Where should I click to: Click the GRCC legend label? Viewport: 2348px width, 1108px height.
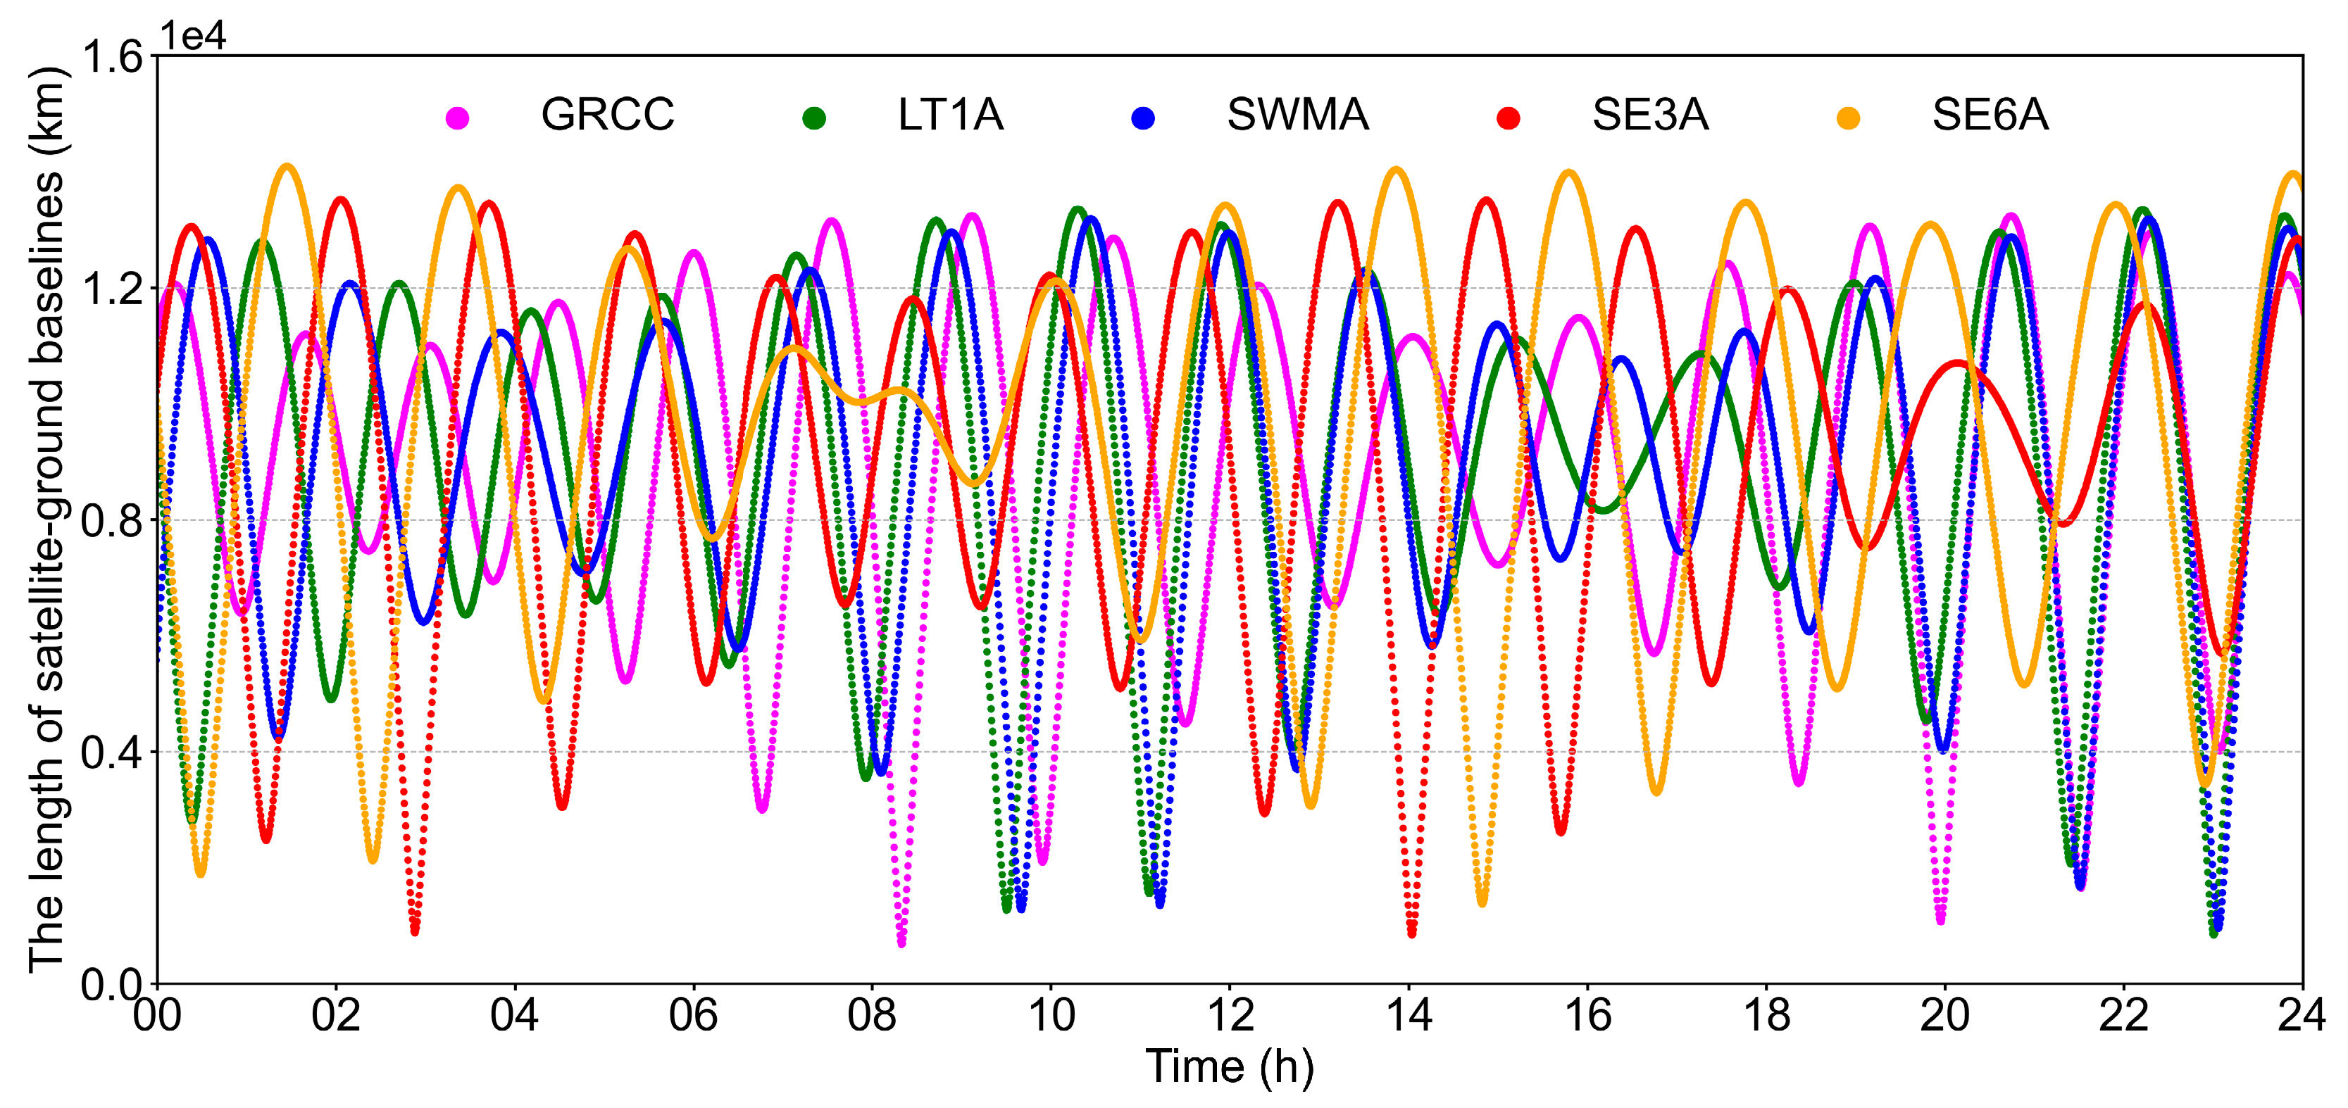coord(607,115)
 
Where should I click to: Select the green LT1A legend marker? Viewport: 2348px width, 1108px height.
coord(814,118)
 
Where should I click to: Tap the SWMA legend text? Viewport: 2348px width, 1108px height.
coord(1297,115)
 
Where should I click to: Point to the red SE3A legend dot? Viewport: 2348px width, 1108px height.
coord(1509,118)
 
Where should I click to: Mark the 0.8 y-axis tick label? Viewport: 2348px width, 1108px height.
coord(113,521)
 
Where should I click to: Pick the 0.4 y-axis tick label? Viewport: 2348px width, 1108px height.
coord(113,753)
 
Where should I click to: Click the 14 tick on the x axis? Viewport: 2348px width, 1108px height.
coord(1409,1015)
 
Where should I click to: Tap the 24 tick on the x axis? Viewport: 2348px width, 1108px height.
coord(2302,1015)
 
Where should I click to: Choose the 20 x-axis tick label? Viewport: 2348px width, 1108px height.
coord(1944,1015)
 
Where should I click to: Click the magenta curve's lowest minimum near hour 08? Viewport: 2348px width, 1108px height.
coord(901,942)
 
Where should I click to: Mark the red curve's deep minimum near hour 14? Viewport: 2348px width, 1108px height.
coord(1411,932)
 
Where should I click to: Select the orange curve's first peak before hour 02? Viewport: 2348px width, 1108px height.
coord(287,168)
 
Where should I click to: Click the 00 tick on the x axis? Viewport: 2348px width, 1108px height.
coord(158,1015)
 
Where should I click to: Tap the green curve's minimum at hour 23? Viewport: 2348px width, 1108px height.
coord(2213,932)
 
